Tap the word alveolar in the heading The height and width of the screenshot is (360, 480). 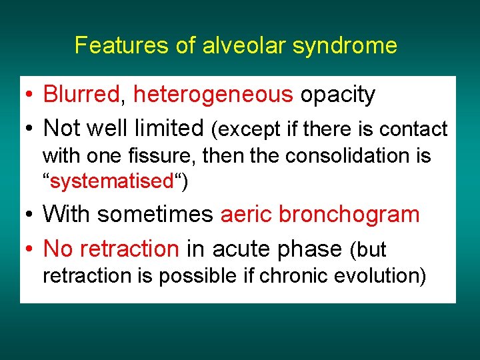(227, 45)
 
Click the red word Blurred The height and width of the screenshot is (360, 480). (81, 95)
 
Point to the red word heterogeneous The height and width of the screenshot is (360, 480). (213, 95)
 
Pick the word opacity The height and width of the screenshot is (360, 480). (337, 95)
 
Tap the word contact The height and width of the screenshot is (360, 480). (418, 128)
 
